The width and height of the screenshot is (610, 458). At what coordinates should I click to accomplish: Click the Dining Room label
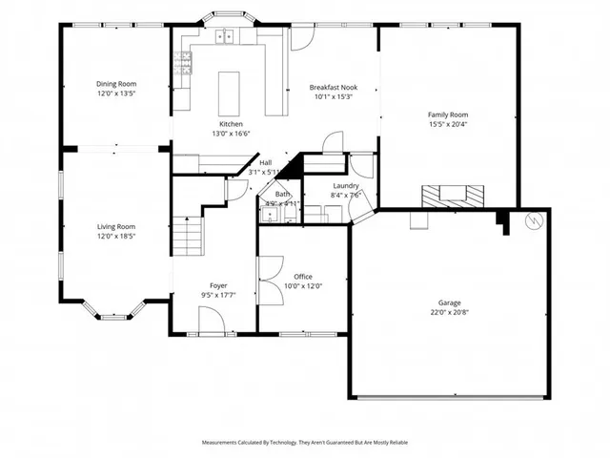(115, 84)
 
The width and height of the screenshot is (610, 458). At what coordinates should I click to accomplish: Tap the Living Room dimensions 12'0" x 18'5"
(115, 236)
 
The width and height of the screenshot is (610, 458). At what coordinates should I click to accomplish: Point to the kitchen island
(231, 91)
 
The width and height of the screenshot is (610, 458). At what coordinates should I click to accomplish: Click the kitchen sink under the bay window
(226, 37)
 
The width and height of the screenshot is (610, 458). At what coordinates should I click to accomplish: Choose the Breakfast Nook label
(332, 87)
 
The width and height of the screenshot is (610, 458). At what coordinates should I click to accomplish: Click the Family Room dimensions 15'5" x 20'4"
(447, 123)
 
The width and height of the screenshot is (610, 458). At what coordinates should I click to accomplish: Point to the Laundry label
(345, 186)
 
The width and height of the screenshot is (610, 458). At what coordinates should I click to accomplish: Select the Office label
(303, 276)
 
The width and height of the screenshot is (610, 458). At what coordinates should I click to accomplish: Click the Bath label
(283, 194)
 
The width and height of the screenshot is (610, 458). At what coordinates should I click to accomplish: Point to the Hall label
(266, 163)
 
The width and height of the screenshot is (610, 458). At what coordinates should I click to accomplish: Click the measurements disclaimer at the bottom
(305, 443)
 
